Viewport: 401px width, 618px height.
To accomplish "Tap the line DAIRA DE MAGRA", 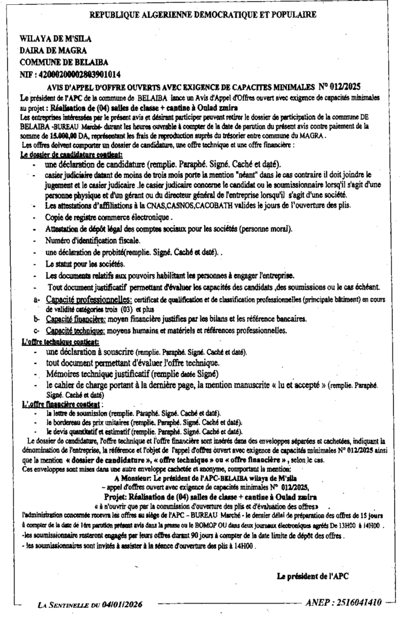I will (x=53, y=50).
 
